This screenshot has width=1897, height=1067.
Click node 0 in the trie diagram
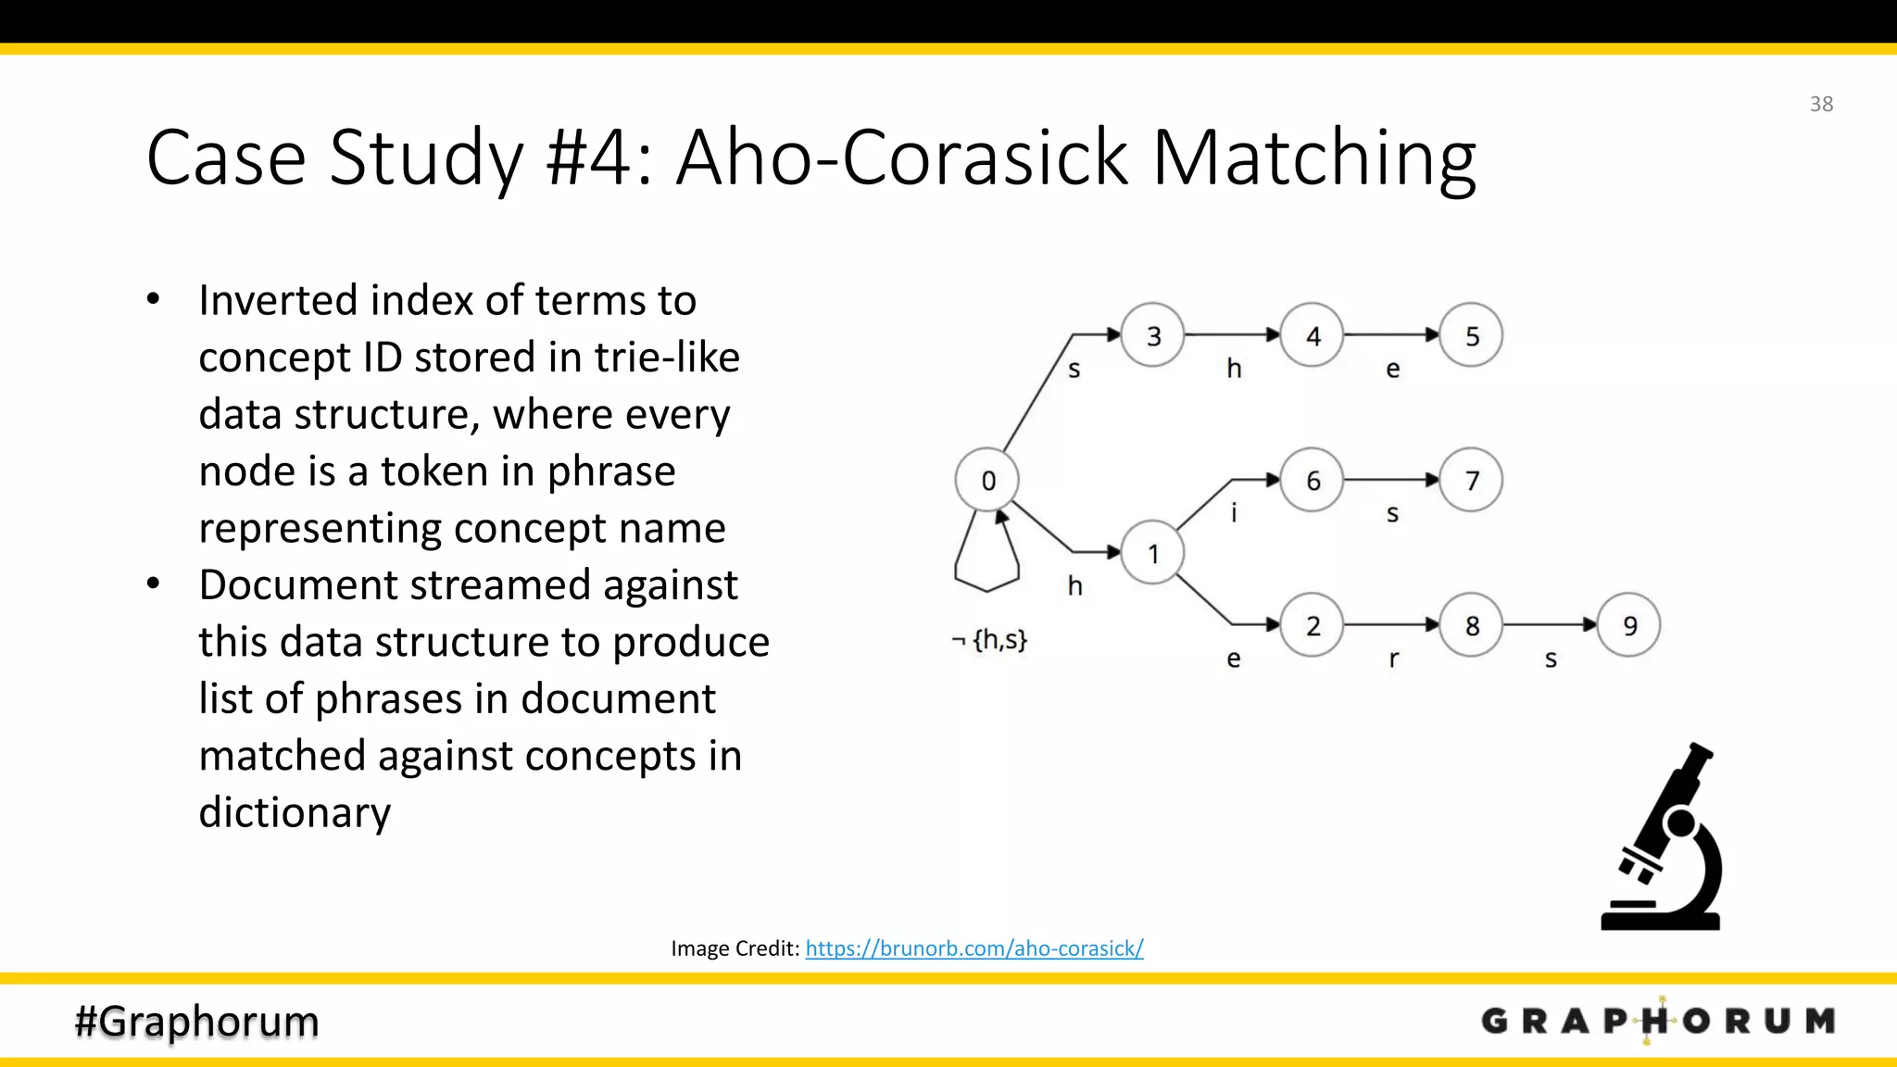point(987,480)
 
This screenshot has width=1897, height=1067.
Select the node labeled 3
point(1153,335)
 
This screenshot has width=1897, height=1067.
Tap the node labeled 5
point(1472,335)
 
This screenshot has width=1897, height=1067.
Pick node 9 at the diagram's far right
point(1629,625)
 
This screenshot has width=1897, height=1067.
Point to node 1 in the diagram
point(1153,553)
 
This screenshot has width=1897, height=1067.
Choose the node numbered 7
point(1472,480)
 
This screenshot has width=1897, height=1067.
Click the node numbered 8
point(1472,625)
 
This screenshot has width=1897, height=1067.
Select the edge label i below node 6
point(1234,512)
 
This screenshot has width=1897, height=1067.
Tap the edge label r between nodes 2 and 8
point(1393,659)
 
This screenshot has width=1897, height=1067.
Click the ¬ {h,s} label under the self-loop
point(990,639)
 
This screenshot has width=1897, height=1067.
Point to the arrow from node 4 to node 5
point(1391,334)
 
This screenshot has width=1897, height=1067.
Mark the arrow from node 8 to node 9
point(1550,625)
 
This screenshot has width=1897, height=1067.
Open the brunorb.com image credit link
point(974,948)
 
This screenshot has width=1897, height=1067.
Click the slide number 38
point(1821,104)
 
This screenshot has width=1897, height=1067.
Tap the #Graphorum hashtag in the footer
point(197,1021)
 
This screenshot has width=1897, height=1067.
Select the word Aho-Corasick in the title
point(902,157)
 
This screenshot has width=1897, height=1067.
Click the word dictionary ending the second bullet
point(295,812)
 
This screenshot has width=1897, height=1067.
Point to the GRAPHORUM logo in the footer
point(1658,1021)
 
